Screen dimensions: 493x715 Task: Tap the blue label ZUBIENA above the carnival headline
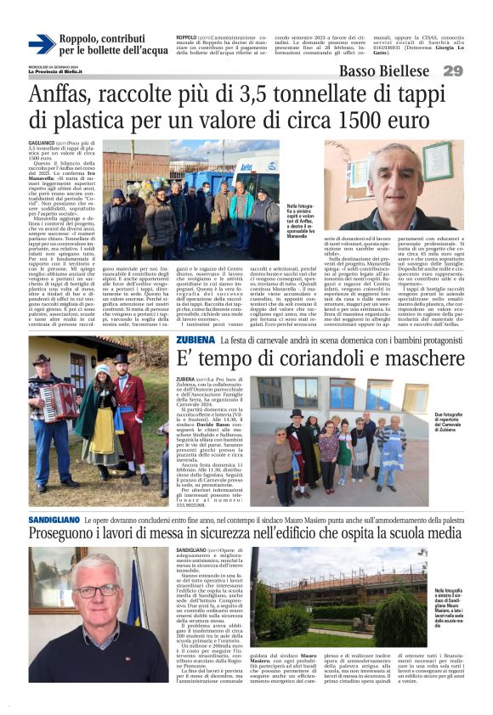pos(195,341)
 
